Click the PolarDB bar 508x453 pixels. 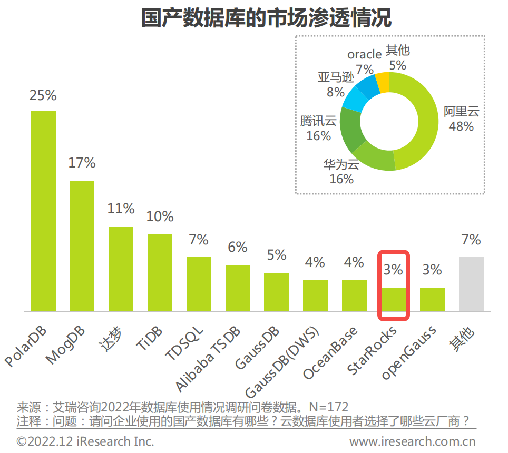43,211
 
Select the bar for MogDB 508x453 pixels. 82,245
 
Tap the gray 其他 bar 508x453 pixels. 471,284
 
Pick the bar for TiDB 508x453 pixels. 160,272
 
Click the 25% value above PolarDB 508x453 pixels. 43,95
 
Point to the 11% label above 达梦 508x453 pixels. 121,209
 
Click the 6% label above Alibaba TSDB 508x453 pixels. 238,247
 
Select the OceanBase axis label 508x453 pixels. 330,352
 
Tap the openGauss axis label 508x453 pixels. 409,352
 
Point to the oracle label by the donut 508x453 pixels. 364,54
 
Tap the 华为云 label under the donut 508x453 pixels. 341,164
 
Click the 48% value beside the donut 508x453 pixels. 461,126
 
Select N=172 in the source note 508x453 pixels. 329,407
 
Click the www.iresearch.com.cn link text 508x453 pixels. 413,441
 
